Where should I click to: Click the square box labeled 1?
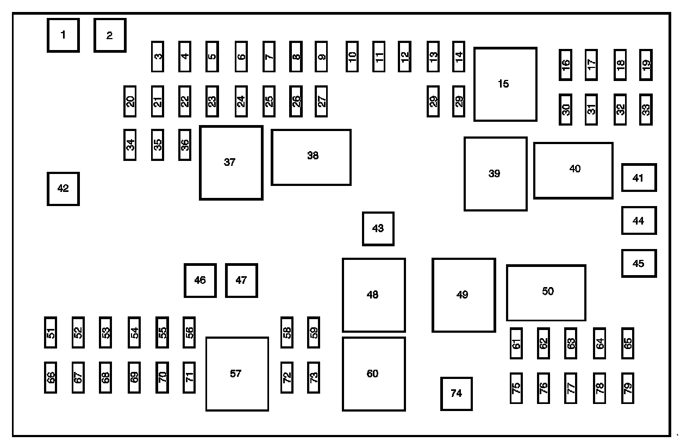point(63,35)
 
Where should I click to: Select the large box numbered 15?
point(505,84)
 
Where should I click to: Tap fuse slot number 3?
point(158,56)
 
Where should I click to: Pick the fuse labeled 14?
point(459,56)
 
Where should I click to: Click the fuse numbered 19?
point(646,64)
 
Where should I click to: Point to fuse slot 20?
point(130,101)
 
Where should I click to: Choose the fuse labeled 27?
point(321,101)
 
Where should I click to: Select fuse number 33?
point(646,109)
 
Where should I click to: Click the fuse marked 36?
point(185,145)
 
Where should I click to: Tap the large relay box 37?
point(231,163)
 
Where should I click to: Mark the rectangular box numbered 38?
point(311,157)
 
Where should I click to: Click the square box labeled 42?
point(63,189)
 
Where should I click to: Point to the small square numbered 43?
point(378,228)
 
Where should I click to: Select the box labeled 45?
point(639,263)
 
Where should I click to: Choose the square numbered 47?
point(241,281)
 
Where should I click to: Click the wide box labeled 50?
point(546,293)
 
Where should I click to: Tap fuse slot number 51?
point(51,332)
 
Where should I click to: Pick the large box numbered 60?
point(373,374)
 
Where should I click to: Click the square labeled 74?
point(456,394)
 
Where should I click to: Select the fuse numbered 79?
point(628,388)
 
